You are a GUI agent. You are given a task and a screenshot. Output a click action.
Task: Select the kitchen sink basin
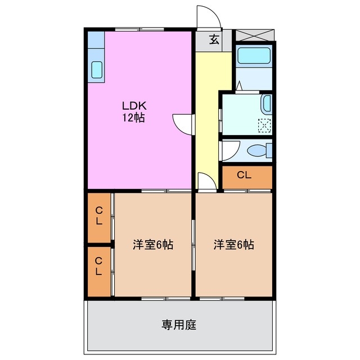click(96, 69)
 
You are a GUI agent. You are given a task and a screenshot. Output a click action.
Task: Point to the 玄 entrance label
click(214, 39)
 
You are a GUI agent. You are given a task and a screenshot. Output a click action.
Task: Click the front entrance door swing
click(207, 17)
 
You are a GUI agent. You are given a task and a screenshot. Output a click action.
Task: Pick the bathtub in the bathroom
click(254, 57)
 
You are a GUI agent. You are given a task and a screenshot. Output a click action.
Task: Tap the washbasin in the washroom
click(267, 105)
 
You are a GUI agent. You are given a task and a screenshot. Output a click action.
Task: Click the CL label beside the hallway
click(244, 175)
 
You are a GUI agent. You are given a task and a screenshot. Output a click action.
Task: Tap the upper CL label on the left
click(98, 216)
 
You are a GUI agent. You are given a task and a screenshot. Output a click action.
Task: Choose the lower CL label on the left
click(98, 266)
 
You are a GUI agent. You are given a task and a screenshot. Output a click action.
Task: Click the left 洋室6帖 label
click(153, 245)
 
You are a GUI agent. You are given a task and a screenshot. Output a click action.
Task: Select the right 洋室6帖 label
click(233, 245)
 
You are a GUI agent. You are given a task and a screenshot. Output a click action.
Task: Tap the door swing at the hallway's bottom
click(205, 182)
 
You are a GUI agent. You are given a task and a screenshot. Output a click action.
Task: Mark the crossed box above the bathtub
click(254, 35)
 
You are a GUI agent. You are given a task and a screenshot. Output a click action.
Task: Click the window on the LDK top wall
click(139, 28)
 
